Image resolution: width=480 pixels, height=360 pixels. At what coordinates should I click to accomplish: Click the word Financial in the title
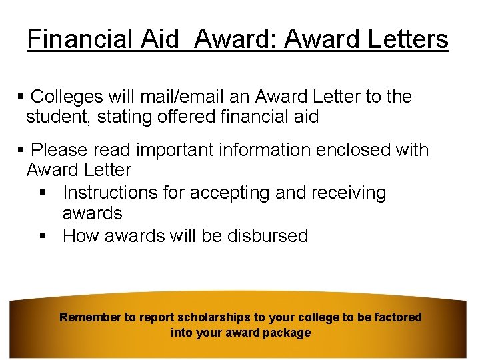[x=69, y=39]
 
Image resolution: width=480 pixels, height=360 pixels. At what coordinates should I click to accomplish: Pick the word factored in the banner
[x=396, y=317]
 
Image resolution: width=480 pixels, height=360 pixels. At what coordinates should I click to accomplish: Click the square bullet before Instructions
[x=42, y=193]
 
